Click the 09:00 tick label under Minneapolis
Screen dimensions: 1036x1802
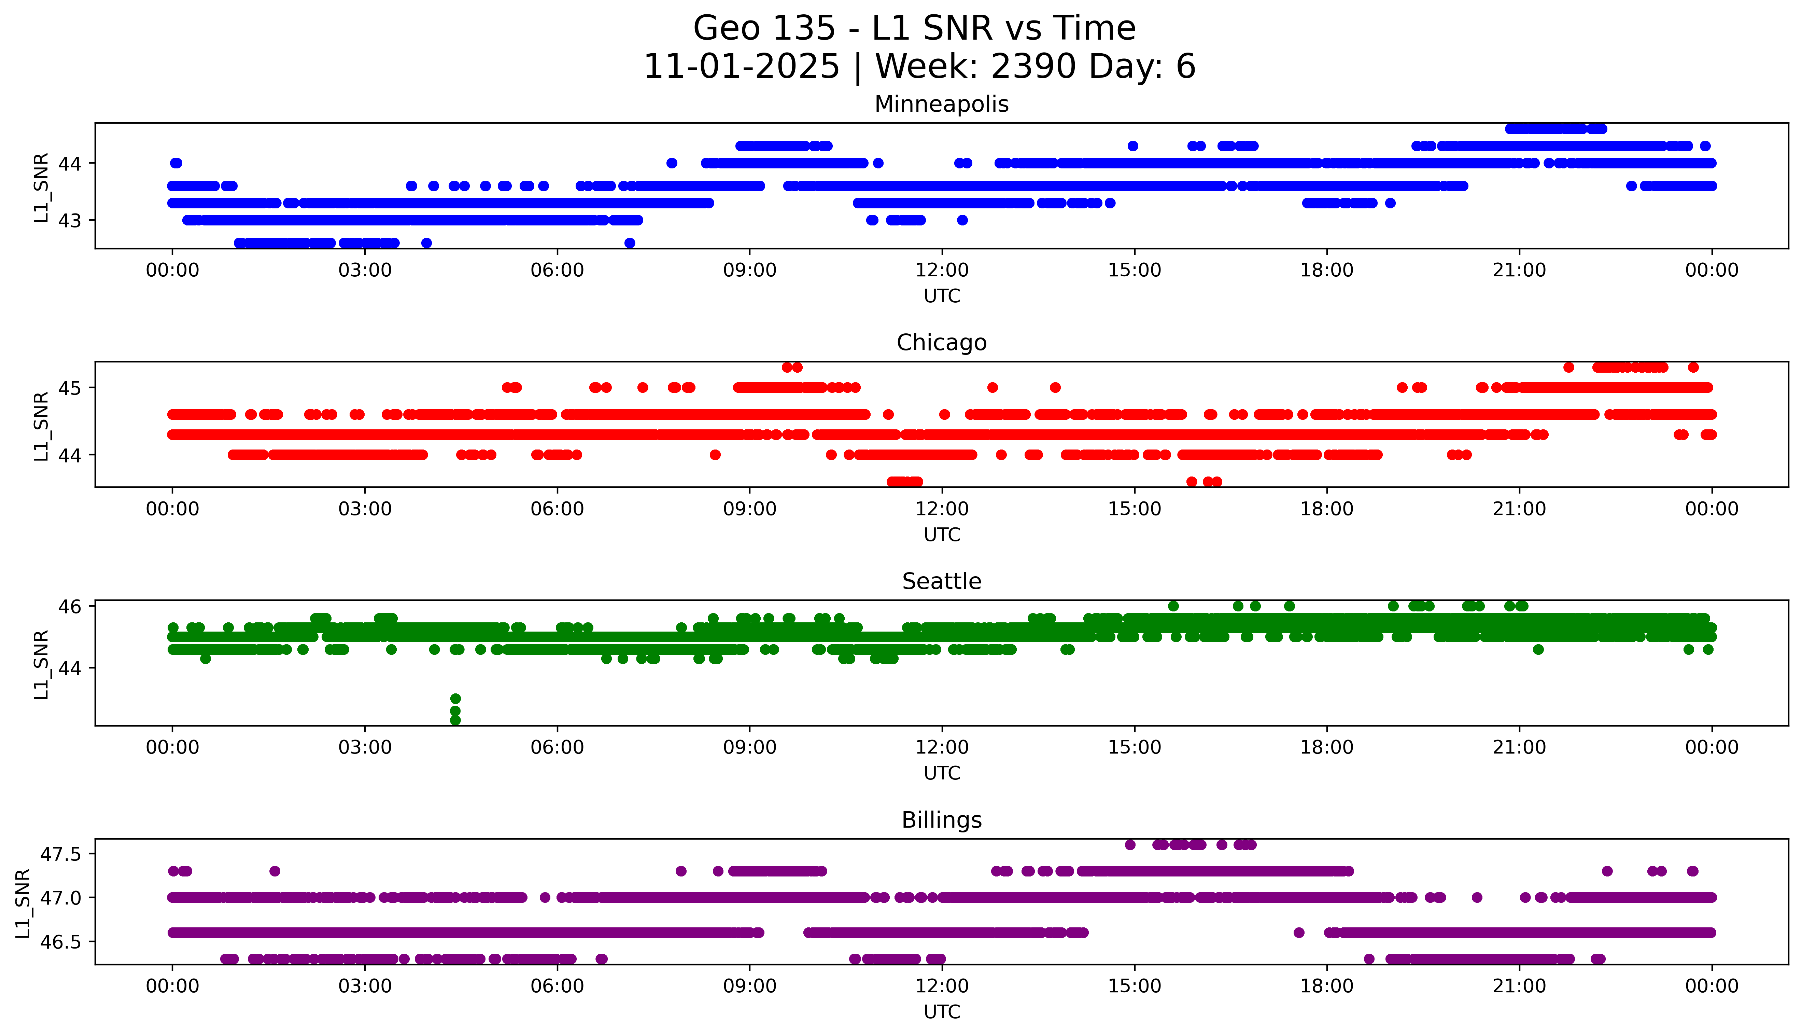pos(749,271)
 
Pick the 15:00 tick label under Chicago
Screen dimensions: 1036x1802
pos(1134,509)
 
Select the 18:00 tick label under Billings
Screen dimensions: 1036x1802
pos(1326,986)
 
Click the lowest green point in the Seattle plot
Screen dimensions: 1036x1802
pos(455,720)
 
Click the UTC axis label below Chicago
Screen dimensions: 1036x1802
pos(942,534)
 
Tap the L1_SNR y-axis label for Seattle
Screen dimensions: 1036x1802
pos(41,664)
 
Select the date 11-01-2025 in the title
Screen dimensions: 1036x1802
pos(741,67)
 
